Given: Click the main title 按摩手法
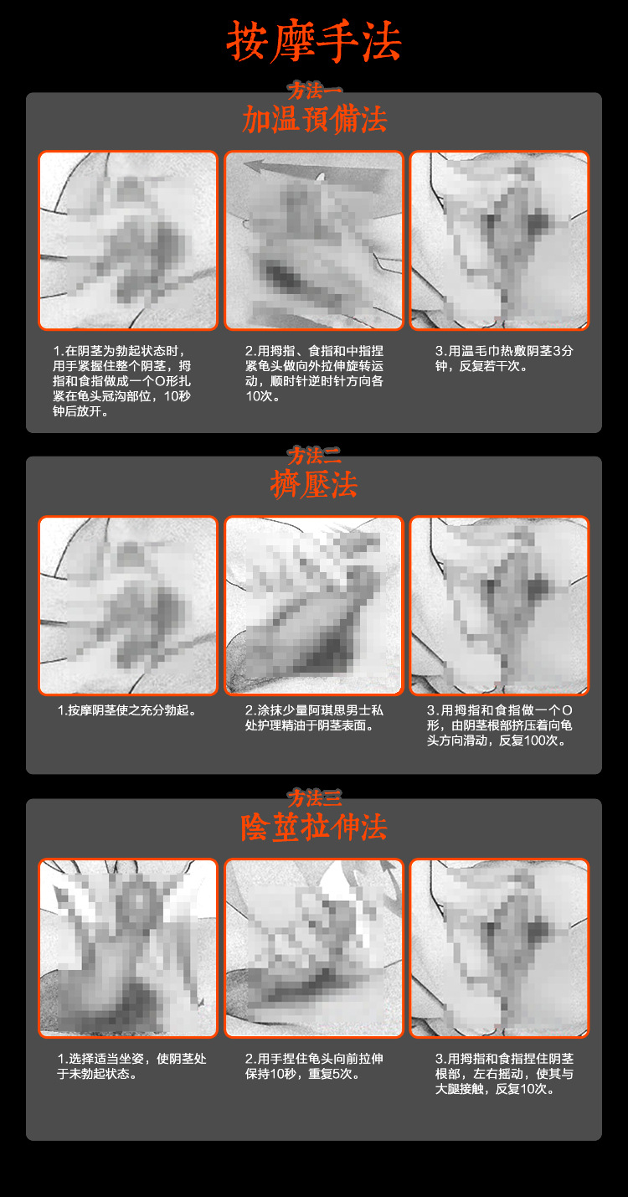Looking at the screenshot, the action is click(x=314, y=42).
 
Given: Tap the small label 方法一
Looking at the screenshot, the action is click(x=314, y=90).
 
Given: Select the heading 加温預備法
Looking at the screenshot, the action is click(x=314, y=119).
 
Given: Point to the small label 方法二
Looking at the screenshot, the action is click(x=314, y=456).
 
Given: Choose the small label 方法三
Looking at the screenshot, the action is click(x=314, y=798).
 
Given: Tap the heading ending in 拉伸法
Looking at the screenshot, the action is click(x=314, y=828).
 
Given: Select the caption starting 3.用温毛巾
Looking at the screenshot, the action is click(x=504, y=358).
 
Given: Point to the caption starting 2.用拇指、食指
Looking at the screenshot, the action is click(x=314, y=373).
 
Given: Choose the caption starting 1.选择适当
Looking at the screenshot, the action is click(x=131, y=1066).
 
